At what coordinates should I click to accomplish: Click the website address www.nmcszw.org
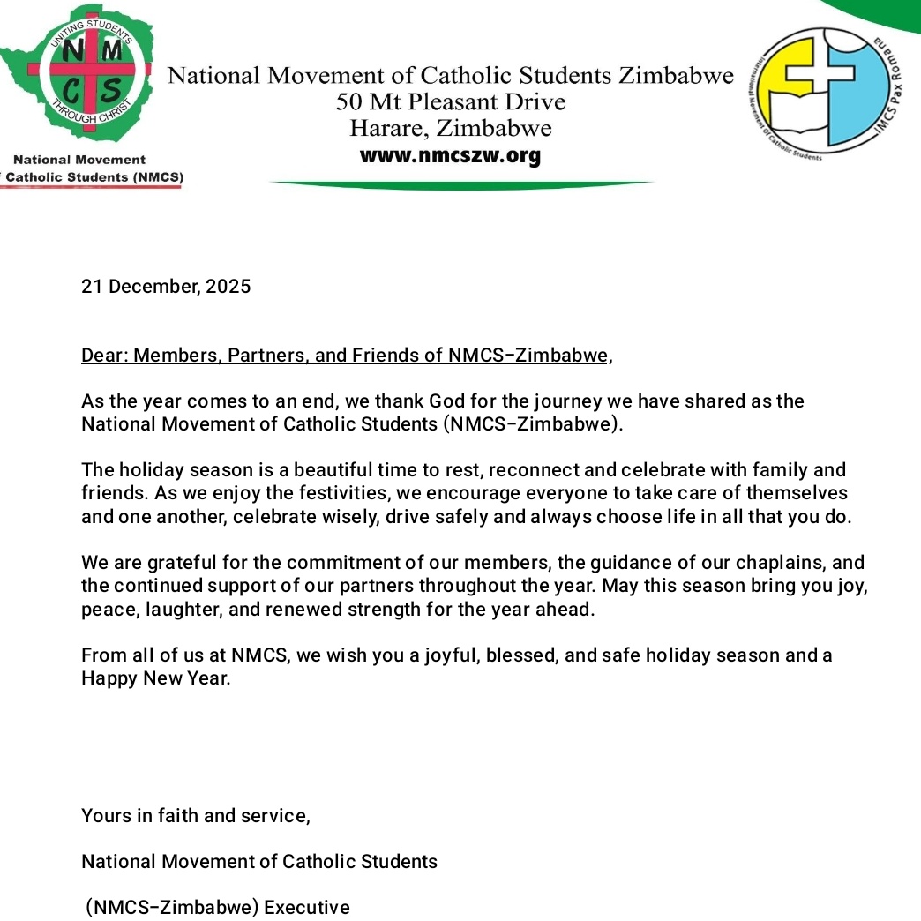pos(450,157)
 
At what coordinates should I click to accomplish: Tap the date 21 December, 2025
pos(166,287)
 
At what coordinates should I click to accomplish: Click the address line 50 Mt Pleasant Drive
pos(450,102)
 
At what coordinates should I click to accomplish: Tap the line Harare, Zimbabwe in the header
pos(450,129)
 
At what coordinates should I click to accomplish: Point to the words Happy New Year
pos(154,679)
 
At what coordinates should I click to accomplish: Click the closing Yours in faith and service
pos(195,816)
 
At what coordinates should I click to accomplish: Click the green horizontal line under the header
pos(460,184)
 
